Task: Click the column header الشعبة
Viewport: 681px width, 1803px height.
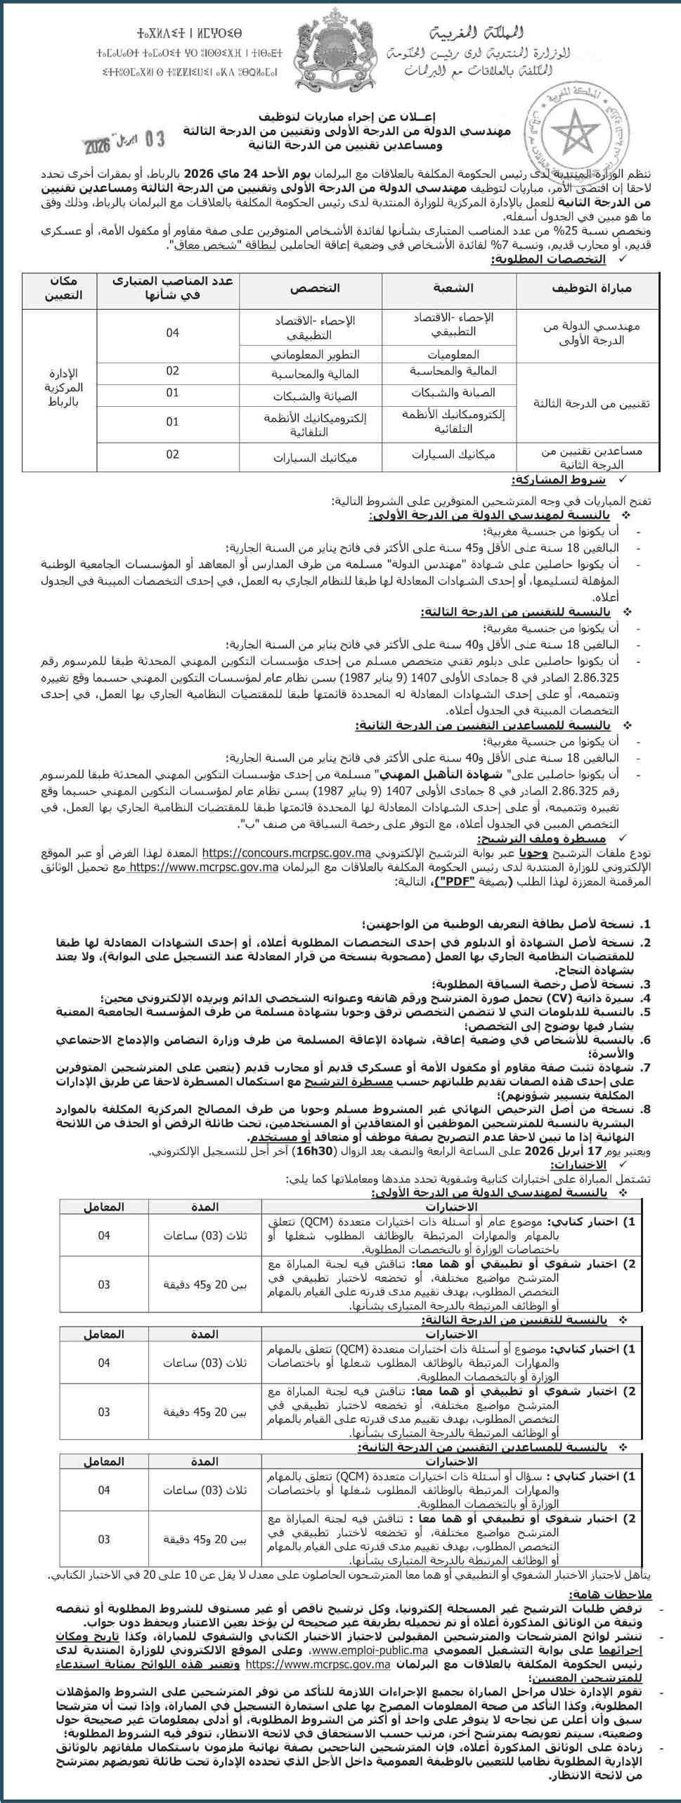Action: point(450,289)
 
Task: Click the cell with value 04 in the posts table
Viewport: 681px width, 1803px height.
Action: point(172,333)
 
